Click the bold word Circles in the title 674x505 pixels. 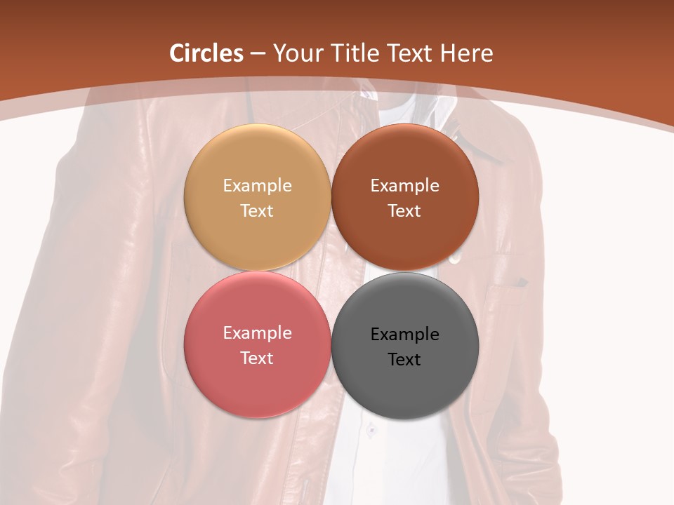pyautogui.click(x=206, y=53)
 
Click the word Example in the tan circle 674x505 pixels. pyautogui.click(x=257, y=186)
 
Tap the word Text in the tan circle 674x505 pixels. pyautogui.click(x=257, y=210)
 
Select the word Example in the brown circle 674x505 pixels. pyautogui.click(x=404, y=186)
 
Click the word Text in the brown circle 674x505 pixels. pyautogui.click(x=404, y=210)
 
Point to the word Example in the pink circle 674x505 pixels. pyautogui.click(x=257, y=333)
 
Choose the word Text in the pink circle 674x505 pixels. pyautogui.click(x=257, y=358)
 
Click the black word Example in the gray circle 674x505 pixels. pyautogui.click(x=404, y=335)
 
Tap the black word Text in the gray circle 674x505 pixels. pyautogui.click(x=404, y=359)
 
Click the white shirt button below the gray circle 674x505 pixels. pyautogui.click(x=372, y=429)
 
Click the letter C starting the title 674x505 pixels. pyautogui.click(x=178, y=53)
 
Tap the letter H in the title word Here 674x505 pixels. pyautogui.click(x=447, y=53)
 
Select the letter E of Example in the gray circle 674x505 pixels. pyautogui.click(x=375, y=335)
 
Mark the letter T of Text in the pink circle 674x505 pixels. pyautogui.click(x=245, y=358)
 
